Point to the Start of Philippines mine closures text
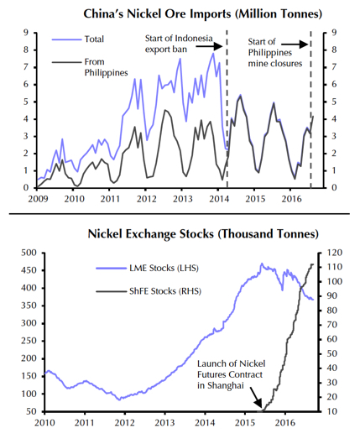276,51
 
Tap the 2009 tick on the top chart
39,199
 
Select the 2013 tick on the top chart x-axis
181,199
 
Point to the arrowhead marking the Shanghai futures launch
258,405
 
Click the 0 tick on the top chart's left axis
29,187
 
